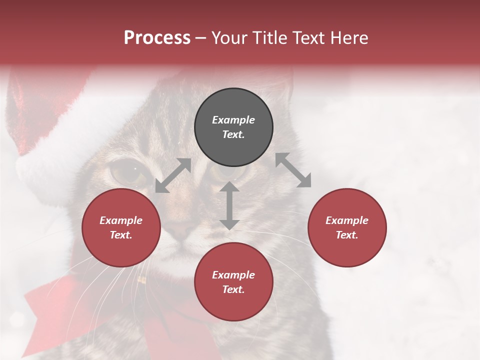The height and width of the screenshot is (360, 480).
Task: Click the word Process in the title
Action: [x=157, y=38]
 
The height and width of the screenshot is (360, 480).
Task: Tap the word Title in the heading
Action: [x=267, y=38]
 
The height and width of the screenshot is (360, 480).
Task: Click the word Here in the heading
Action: [x=349, y=38]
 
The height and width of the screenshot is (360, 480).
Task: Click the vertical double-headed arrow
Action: [x=229, y=205]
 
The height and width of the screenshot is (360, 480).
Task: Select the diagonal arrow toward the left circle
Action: [x=173, y=175]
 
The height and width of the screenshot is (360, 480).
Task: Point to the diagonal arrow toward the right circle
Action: [x=293, y=170]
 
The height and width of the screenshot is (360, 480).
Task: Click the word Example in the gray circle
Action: [x=233, y=120]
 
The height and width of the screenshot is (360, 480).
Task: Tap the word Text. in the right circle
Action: [x=347, y=235]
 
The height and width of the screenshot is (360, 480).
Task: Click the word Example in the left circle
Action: [x=121, y=220]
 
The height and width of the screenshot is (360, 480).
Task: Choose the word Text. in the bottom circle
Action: [x=233, y=289]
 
